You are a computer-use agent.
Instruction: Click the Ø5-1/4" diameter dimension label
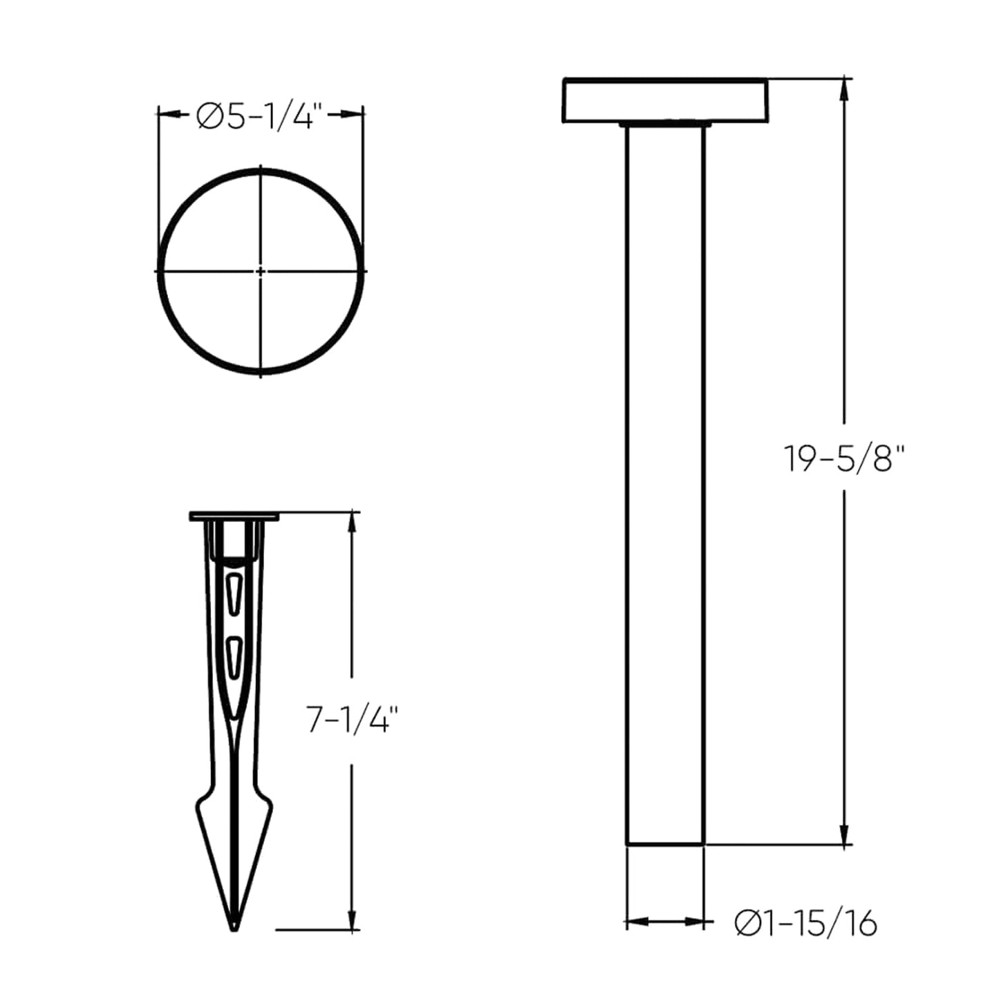tap(260, 116)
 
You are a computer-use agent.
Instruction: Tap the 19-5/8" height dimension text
tap(844, 458)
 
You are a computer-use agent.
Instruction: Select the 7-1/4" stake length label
tap(353, 720)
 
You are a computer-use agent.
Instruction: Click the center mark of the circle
tap(261, 272)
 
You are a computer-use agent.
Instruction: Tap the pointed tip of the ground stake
tap(234, 926)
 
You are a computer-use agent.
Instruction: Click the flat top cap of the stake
tap(234, 516)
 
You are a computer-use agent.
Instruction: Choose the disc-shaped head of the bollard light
tap(664, 101)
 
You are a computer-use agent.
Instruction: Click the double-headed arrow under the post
tap(664, 922)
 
